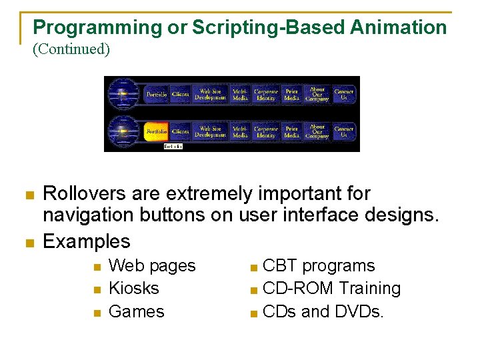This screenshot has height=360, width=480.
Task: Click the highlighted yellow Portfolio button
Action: click(x=156, y=131)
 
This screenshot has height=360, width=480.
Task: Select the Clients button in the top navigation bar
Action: click(x=180, y=95)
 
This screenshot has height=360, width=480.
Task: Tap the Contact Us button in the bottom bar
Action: click(x=343, y=131)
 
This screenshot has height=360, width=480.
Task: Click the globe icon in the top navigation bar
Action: click(x=122, y=94)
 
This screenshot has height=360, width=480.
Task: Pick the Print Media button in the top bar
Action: click(x=291, y=95)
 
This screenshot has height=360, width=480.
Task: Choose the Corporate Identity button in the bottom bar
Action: click(x=265, y=131)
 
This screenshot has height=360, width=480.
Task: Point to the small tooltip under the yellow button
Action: click(x=173, y=146)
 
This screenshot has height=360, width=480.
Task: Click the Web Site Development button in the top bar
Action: click(x=210, y=95)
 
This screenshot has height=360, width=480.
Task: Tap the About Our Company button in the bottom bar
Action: click(x=317, y=131)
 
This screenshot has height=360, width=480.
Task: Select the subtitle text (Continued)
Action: click(x=71, y=49)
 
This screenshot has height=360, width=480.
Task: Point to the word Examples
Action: click(x=87, y=241)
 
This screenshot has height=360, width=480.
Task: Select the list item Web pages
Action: click(x=152, y=266)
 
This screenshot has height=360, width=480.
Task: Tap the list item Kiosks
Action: click(x=133, y=289)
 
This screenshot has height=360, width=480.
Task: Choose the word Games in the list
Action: click(x=136, y=311)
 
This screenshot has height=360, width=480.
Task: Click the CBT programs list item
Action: click(x=319, y=266)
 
